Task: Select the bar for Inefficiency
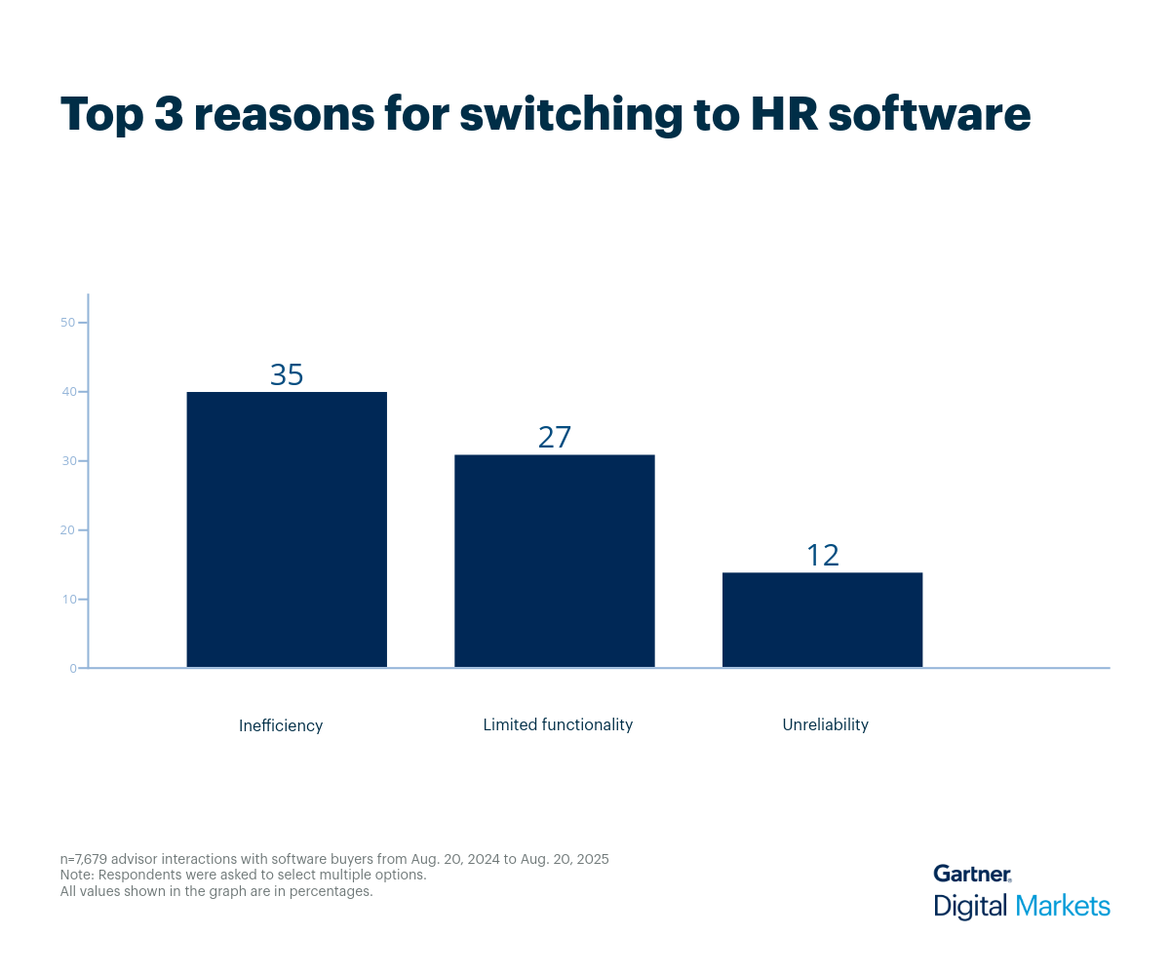(x=287, y=529)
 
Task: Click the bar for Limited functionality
(x=554, y=561)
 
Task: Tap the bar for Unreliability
(x=822, y=620)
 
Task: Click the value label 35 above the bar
(x=287, y=375)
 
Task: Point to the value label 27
(x=554, y=438)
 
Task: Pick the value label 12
(x=822, y=556)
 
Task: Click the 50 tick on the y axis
(x=68, y=323)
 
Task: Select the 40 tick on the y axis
(x=68, y=392)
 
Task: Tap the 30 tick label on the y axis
(x=68, y=461)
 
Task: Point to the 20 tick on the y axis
(x=68, y=530)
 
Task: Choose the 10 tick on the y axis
(x=68, y=600)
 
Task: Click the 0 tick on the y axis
(x=72, y=669)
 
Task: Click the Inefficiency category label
(x=281, y=726)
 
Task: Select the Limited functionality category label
(x=558, y=725)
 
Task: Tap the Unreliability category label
(x=825, y=725)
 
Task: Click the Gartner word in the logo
(x=971, y=874)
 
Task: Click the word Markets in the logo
(x=1063, y=906)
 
